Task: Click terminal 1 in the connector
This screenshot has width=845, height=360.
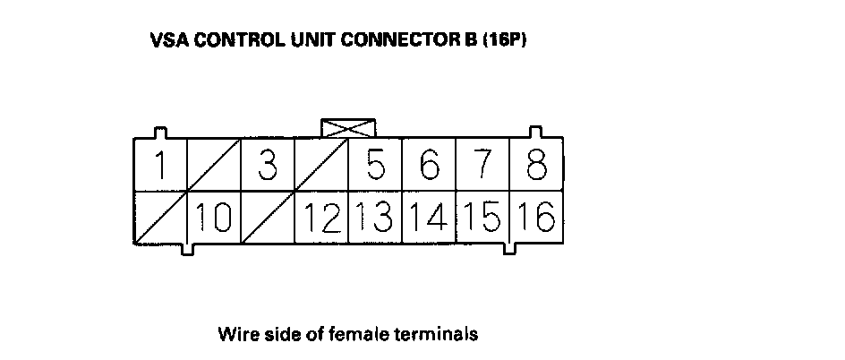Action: point(160,166)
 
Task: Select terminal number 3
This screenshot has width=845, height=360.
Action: point(267,166)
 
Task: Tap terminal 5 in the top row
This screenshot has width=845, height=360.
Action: point(376,166)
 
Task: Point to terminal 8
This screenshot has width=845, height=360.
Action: point(537,166)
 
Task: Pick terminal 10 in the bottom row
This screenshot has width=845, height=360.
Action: point(214,218)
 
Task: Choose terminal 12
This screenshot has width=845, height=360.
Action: point(321,218)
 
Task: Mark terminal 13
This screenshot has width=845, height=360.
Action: point(376,218)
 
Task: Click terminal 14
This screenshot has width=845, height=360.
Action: point(430,218)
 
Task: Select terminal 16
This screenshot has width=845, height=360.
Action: point(537,218)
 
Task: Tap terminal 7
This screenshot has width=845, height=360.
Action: point(483,166)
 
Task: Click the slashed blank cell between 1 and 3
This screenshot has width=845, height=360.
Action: point(214,166)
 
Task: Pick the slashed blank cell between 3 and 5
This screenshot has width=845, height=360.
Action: point(321,166)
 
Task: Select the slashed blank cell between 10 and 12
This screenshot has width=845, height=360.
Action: point(267,218)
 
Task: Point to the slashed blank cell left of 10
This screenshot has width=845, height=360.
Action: point(160,218)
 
